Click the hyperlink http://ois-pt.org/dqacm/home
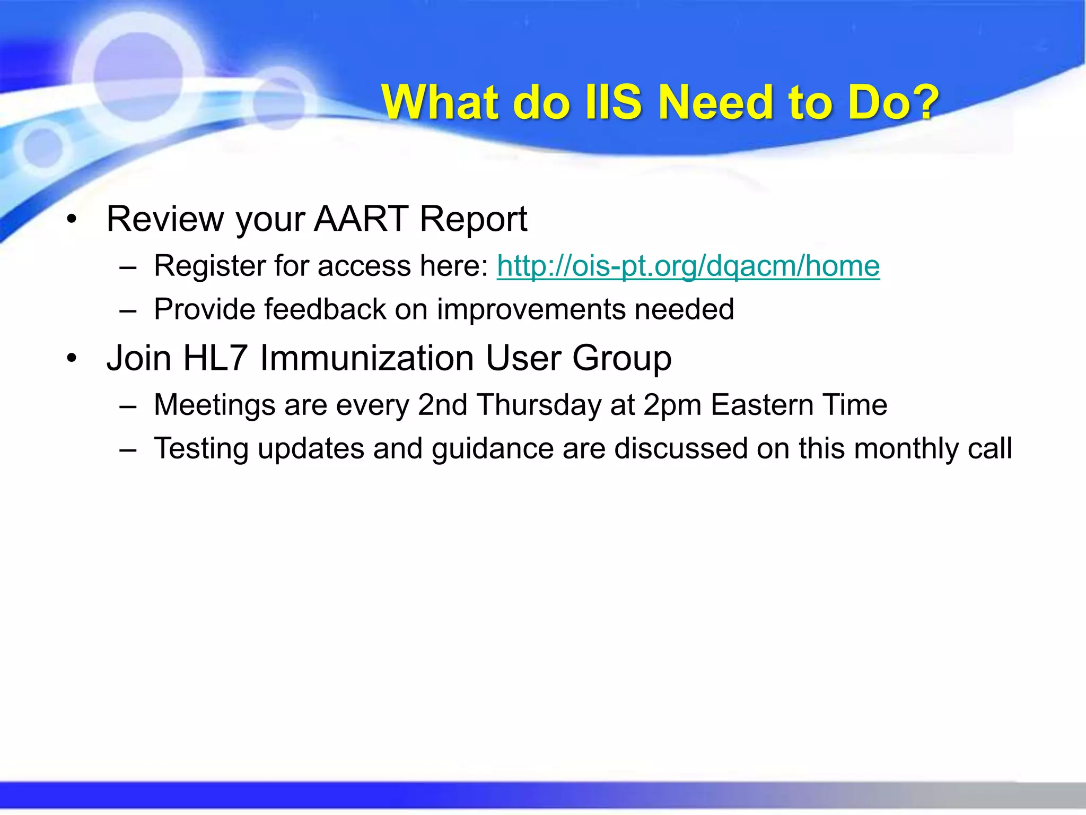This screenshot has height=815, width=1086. pos(688,266)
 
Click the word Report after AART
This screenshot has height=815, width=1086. pos(473,219)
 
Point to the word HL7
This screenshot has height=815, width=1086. pos(215,358)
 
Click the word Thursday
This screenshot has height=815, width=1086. pos(539,405)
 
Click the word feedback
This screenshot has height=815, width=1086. pos(325,309)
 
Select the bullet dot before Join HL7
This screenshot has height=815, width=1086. pos(72,359)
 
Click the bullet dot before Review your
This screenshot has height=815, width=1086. pos(72,219)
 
